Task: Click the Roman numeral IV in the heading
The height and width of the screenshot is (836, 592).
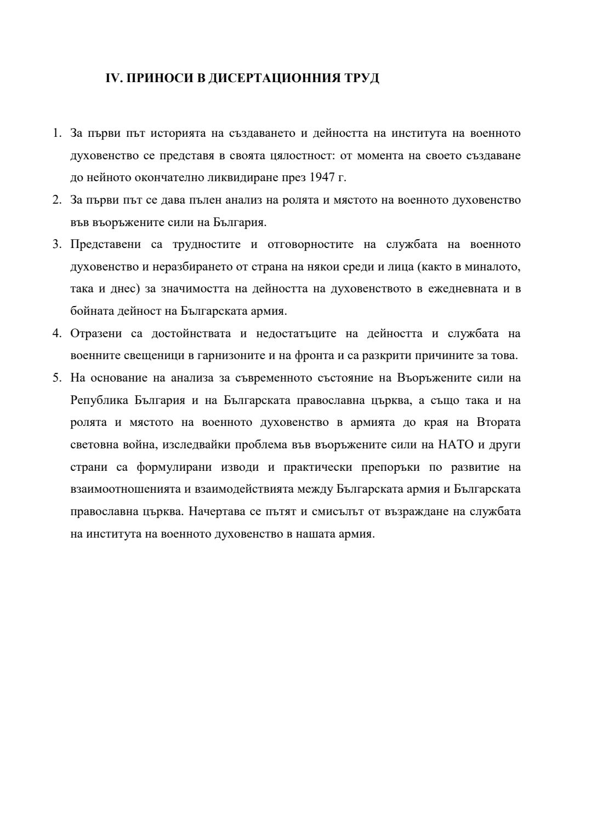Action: (111, 78)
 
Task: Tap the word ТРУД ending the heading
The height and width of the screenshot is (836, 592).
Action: (363, 78)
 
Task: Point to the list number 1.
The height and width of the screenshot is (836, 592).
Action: (56, 133)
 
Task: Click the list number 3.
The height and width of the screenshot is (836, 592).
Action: (56, 244)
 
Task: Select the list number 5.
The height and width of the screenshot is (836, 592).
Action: (56, 378)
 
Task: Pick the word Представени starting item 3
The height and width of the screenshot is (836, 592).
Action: (106, 244)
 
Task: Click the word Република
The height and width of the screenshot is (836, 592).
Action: (98, 400)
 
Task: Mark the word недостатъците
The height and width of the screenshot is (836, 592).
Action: (296, 333)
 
